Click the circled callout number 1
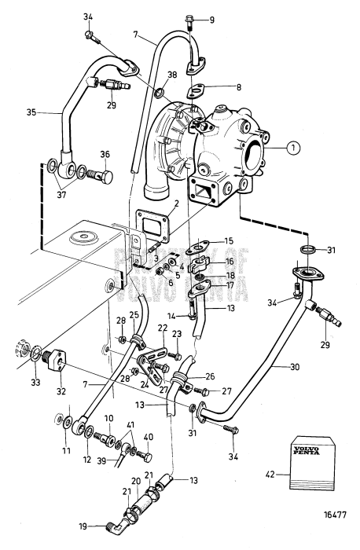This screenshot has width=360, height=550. click(x=293, y=148)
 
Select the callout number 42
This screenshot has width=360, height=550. click(x=270, y=475)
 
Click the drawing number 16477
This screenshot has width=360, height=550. click(x=334, y=515)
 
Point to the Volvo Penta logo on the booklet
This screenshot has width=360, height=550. click(x=307, y=451)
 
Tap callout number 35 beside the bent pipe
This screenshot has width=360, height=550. click(x=31, y=113)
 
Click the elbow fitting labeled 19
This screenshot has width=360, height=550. click(x=114, y=526)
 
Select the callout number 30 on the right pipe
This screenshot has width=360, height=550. click(x=295, y=367)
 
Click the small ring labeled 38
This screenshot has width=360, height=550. click(x=159, y=93)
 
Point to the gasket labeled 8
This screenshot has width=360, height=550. click(x=198, y=90)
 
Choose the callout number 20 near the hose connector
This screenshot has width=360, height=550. click(x=135, y=481)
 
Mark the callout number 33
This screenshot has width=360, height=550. click(x=36, y=382)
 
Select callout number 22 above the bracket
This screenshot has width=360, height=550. click(x=162, y=327)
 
